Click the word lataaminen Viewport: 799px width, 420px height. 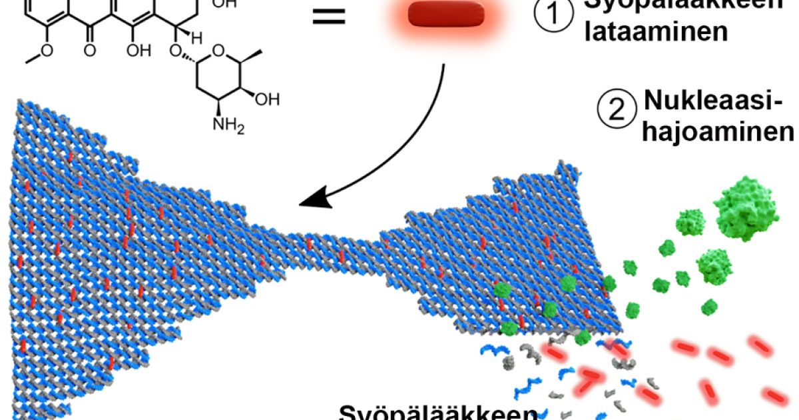point(655,31)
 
